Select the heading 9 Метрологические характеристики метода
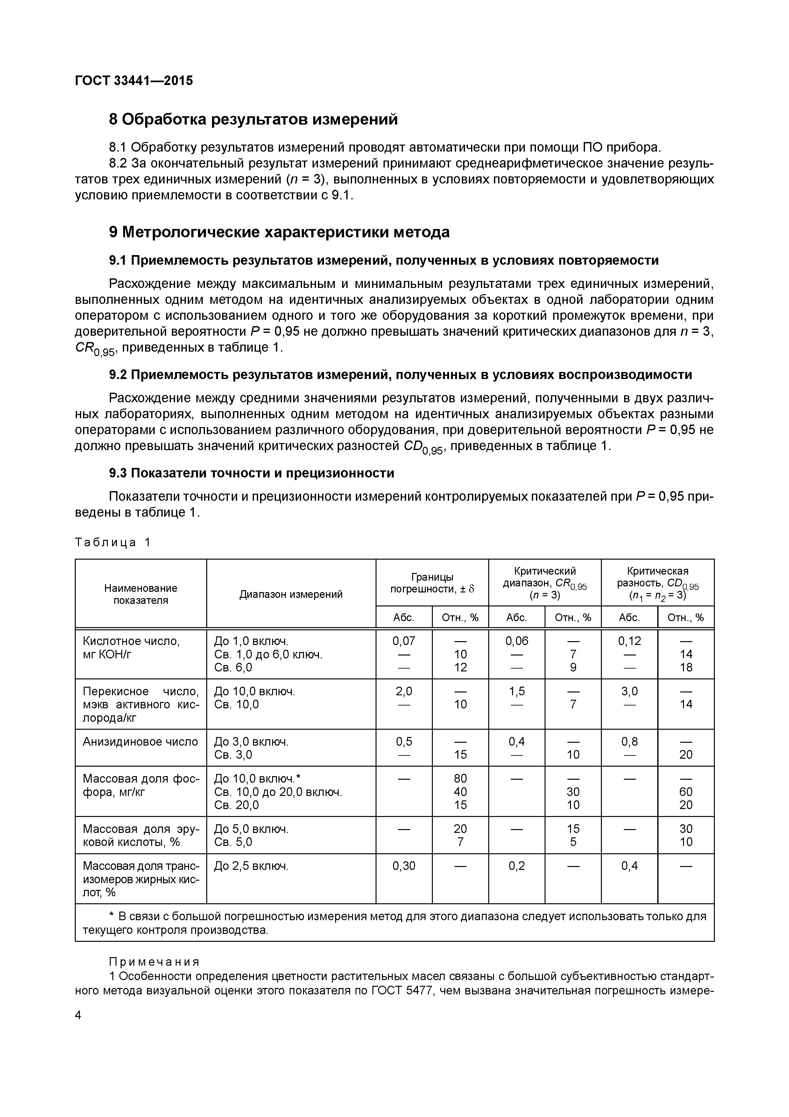pyautogui.click(x=279, y=233)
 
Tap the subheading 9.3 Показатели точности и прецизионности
pyautogui.click(x=251, y=473)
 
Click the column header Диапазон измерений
pyautogui.click(x=291, y=594)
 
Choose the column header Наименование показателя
pyautogui.click(x=140, y=594)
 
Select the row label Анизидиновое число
pyautogui.click(x=140, y=741)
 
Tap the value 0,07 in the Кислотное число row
pyautogui.click(x=404, y=641)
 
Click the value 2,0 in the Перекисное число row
pyautogui.click(x=404, y=691)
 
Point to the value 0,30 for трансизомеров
pyautogui.click(x=404, y=865)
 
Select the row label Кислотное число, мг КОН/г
pyautogui.click(x=131, y=648)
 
